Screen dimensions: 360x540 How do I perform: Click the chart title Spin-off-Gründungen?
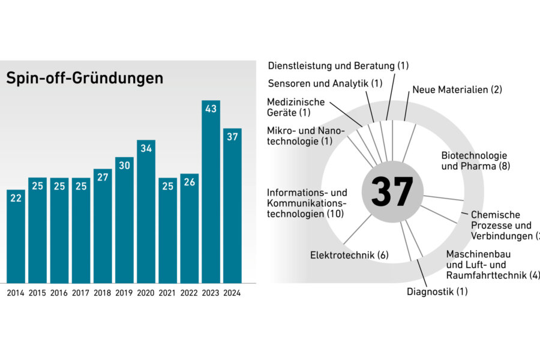85,79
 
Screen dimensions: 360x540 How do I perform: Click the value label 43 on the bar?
211,109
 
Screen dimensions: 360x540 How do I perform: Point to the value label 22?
16,198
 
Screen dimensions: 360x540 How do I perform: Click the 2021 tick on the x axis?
167,293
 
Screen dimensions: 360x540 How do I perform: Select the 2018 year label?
103,293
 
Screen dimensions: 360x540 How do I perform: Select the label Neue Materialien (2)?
457,89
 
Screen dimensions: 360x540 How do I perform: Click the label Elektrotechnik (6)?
349,255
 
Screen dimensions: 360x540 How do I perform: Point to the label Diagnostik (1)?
437,292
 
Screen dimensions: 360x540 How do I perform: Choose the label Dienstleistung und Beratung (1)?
338,65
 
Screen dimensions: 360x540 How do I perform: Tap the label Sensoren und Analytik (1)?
325,83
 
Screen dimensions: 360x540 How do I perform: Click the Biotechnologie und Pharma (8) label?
475,160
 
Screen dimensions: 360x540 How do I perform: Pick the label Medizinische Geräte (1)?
296,107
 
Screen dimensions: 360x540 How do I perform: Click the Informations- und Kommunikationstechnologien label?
307,203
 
